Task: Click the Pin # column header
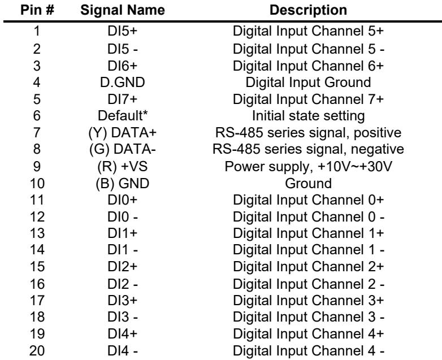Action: tap(37, 10)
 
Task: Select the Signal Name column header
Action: tap(123, 10)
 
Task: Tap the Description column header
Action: tap(308, 10)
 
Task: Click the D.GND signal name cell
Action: tap(122, 83)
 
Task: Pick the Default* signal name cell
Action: tap(123, 116)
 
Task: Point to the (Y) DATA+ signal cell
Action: tap(122, 132)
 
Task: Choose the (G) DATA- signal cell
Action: tap(122, 149)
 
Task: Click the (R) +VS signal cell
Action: tap(122, 166)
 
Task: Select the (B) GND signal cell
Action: tap(122, 183)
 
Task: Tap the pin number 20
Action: tap(37, 351)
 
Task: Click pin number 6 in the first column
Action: tap(37, 116)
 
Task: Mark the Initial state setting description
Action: tap(308, 116)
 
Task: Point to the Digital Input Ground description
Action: tap(308, 83)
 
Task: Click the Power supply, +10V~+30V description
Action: tap(308, 167)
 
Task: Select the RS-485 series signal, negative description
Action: tap(308, 149)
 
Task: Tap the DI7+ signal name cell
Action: tap(122, 99)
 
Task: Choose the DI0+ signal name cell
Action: tap(122, 200)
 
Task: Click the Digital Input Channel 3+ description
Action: tap(308, 301)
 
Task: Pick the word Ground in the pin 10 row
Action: tap(308, 183)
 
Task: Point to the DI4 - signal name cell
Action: tap(122, 351)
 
